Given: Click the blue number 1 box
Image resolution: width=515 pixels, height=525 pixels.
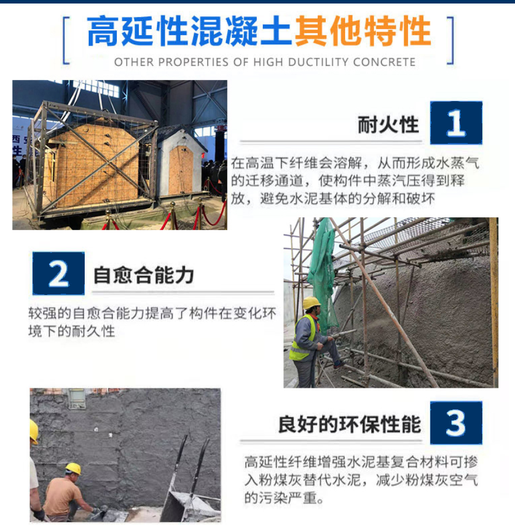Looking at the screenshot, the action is tap(456, 123).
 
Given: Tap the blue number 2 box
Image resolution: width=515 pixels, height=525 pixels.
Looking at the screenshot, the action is tap(58, 273).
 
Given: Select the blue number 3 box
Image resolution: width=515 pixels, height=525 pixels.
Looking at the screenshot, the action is tap(456, 423).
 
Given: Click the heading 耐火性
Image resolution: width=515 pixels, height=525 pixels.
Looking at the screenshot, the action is tap(388, 124).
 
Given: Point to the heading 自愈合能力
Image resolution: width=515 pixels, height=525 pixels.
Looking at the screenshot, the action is tap(144, 275).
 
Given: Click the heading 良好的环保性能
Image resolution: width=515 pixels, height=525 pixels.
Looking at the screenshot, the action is tap(350, 424).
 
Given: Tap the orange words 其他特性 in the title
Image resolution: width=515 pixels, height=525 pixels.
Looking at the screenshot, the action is tap(363, 31).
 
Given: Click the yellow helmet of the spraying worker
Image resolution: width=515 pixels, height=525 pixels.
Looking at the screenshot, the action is tap(311, 303).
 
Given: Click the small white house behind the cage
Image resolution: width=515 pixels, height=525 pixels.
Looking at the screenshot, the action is tap(180, 162).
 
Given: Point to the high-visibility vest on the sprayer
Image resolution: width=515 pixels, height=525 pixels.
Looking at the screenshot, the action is tap(302, 338).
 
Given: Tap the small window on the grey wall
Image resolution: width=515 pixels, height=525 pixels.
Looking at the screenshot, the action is tap(76, 398).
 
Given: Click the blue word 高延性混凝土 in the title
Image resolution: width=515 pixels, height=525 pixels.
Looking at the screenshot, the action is tap(189, 31).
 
